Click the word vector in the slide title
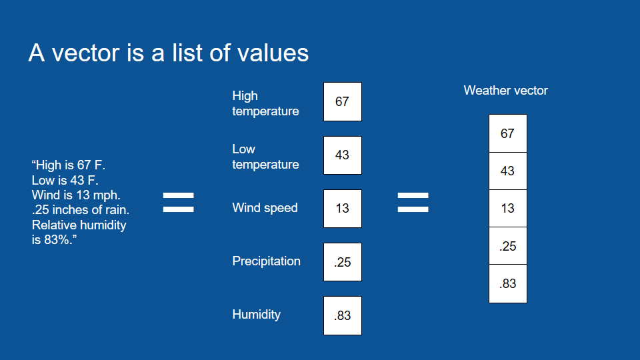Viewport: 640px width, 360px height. [86, 53]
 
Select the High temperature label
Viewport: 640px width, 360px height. [265, 103]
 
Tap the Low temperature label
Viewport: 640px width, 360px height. [265, 157]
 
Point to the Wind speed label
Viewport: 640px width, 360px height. [265, 208]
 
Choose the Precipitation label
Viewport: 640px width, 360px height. [266, 261]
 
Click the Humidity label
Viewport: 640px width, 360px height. [256, 315]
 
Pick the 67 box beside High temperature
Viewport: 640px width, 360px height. [343, 101]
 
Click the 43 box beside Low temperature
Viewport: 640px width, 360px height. [343, 155]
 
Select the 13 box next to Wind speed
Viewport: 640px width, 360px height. [343, 209]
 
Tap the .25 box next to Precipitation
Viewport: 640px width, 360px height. [343, 262]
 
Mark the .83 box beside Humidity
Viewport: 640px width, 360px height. [343, 315]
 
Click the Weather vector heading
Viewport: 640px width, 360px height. [506, 91]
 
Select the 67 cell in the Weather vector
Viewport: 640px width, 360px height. [508, 133]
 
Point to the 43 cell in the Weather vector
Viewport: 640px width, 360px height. [508, 171]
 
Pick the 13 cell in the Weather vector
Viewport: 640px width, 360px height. [508, 209]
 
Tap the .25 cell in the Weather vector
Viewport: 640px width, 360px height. [508, 246]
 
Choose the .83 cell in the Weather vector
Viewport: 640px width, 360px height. [508, 284]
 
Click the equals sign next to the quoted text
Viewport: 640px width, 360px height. [179, 203]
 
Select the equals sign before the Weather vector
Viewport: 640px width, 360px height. [413, 203]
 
